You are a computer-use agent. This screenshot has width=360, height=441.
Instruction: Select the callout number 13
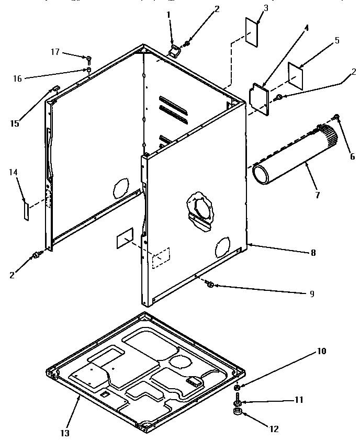(x=65, y=433)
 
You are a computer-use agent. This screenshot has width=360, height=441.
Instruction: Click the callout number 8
(x=313, y=252)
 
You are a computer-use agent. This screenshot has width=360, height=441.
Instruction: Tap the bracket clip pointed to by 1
(x=174, y=50)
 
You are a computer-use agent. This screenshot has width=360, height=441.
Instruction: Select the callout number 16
(x=17, y=78)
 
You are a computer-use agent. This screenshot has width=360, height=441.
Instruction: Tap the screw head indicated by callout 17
(x=89, y=58)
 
